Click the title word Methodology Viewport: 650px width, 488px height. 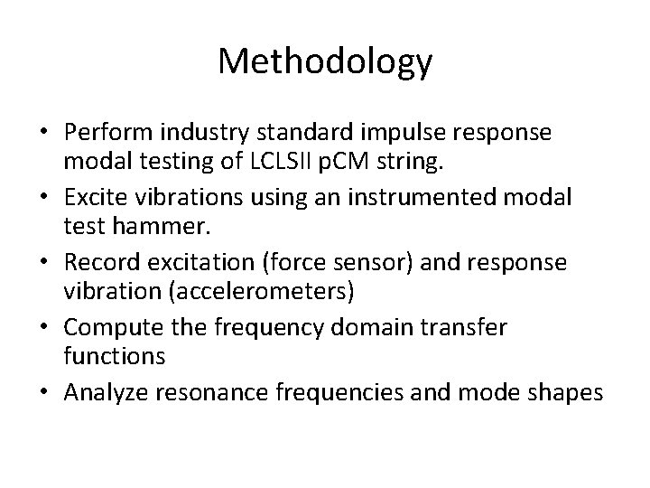click(x=325, y=61)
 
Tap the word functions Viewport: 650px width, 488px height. click(x=115, y=355)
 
